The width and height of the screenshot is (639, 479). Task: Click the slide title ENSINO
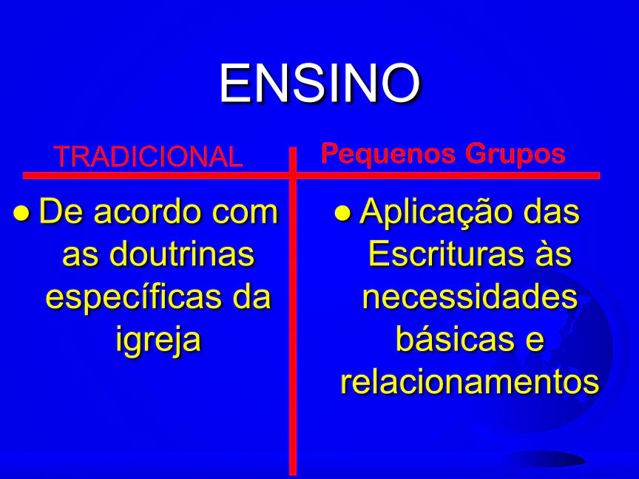click(319, 83)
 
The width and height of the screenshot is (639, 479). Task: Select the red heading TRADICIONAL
click(149, 157)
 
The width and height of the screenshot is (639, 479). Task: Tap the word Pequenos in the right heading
click(388, 154)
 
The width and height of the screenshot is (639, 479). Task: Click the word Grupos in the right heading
click(515, 154)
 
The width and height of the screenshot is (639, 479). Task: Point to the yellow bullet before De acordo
click(21, 213)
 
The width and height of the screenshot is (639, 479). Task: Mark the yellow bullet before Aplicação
click(342, 213)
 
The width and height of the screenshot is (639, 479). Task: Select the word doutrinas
click(182, 254)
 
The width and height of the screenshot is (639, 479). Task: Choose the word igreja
click(158, 339)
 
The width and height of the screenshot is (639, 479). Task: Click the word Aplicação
click(436, 213)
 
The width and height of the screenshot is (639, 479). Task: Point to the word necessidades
click(470, 296)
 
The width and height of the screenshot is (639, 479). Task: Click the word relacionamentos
click(470, 381)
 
